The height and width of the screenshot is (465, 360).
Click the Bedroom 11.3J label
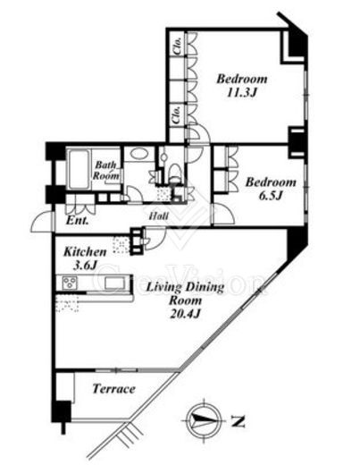(x=241, y=86)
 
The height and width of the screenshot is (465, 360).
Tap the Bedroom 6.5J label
(x=271, y=189)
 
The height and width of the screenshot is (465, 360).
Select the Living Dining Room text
(x=185, y=293)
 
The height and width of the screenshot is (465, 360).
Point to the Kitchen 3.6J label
(x=85, y=258)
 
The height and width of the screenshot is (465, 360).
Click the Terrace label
(x=113, y=389)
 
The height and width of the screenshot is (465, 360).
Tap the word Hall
(x=159, y=216)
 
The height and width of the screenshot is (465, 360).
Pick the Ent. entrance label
(x=77, y=220)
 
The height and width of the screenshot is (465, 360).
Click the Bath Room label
(x=106, y=170)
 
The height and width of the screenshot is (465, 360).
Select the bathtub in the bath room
(x=79, y=170)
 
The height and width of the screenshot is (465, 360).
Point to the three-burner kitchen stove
(x=70, y=282)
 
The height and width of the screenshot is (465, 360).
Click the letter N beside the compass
(x=238, y=421)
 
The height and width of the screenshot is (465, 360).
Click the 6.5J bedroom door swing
(x=224, y=213)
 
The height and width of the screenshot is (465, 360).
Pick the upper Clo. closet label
(x=178, y=46)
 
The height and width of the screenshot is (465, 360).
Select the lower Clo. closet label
(x=177, y=114)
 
